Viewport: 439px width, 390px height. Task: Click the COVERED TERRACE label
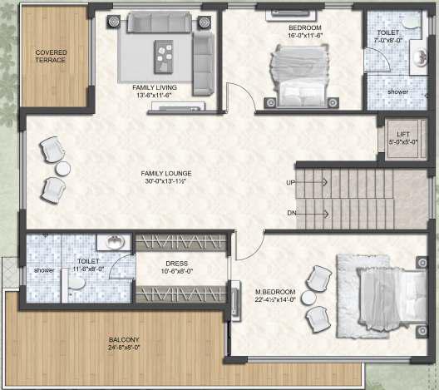point(51,56)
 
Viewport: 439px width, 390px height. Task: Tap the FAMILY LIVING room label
point(155,87)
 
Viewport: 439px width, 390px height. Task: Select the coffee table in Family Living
point(164,57)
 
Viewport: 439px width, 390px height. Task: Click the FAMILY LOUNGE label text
point(166,173)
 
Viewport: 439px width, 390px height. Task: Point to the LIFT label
point(403,134)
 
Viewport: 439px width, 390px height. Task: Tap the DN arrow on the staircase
point(311,215)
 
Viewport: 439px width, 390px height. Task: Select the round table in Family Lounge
point(62,169)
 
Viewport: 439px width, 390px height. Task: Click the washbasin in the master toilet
point(115,242)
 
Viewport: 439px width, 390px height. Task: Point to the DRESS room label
point(176,264)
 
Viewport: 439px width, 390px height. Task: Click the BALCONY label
point(124,339)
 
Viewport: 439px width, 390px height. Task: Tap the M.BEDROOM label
point(275,292)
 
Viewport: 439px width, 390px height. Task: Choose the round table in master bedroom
point(308,298)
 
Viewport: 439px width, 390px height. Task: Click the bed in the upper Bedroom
point(299,76)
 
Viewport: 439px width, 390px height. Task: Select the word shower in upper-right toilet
point(397,91)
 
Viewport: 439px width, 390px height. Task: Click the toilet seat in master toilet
point(76,284)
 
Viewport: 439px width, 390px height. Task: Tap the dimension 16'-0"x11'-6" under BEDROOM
point(305,36)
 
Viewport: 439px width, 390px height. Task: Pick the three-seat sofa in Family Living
point(160,22)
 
